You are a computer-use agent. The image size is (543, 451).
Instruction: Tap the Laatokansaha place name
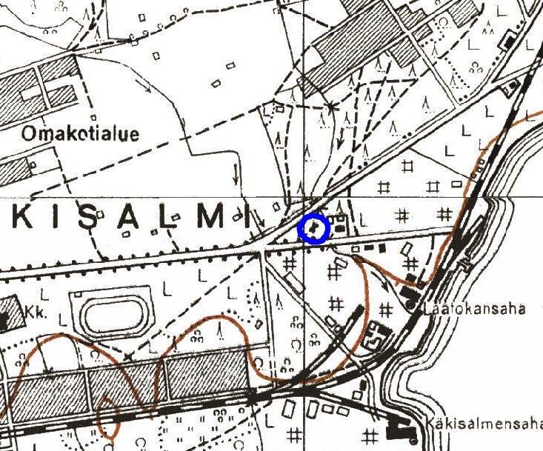coord(476,307)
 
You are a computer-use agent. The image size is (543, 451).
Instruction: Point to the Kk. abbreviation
coord(36,313)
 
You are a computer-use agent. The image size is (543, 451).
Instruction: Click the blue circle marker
coord(313,228)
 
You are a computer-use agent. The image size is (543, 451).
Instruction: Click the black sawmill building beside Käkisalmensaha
coord(401,430)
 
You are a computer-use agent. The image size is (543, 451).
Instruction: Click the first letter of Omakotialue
coord(29,134)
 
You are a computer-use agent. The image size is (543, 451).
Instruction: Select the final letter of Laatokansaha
coord(521,307)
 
